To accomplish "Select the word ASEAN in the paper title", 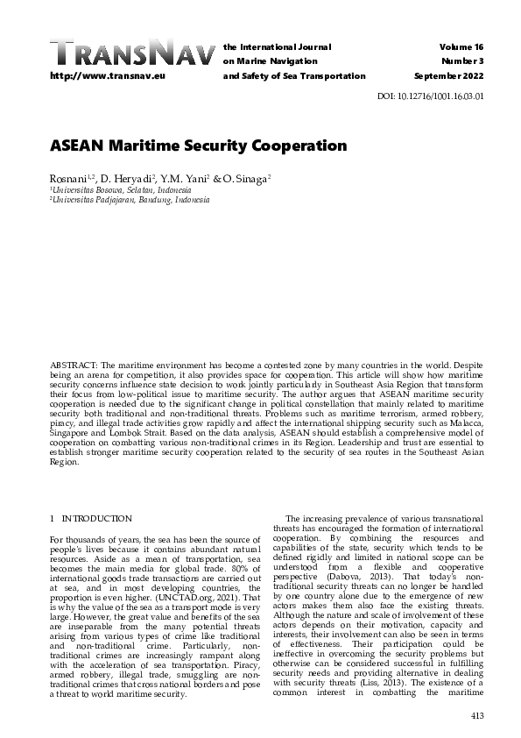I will pos(81,145).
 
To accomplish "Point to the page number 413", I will pos(476,716).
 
